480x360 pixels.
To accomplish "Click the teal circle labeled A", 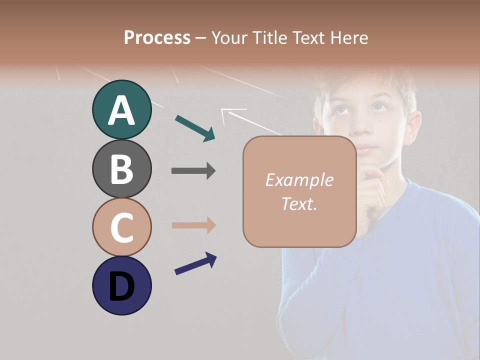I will (121, 110).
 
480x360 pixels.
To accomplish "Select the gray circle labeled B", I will (121, 168).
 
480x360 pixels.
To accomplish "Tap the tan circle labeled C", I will (121, 227).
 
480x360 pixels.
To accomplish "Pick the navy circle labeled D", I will (121, 285).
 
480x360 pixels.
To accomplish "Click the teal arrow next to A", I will (195, 128).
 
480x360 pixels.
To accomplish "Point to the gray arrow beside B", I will (193, 170).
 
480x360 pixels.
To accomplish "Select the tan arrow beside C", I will (193, 225).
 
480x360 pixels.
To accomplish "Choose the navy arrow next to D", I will (195, 263).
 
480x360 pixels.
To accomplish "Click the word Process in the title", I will (157, 38).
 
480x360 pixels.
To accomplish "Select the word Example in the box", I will (299, 180).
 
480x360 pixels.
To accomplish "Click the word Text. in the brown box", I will (299, 203).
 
